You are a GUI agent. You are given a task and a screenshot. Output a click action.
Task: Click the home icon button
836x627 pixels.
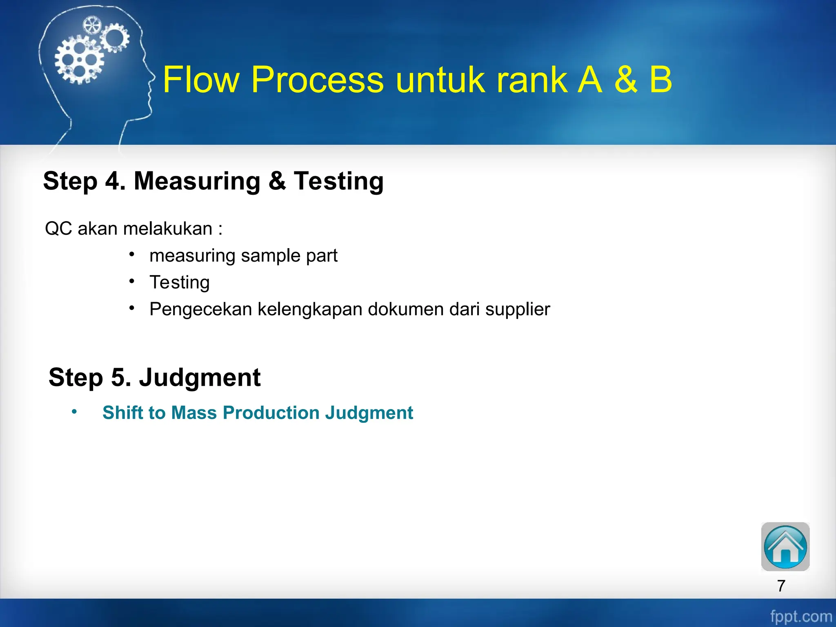(785, 547)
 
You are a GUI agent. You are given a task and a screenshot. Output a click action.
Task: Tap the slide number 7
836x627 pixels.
(781, 586)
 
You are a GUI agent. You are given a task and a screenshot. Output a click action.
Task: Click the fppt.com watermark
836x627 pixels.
(800, 616)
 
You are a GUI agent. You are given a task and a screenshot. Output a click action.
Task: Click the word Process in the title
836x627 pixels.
(317, 80)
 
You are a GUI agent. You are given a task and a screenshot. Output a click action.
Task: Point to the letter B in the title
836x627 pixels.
(660, 80)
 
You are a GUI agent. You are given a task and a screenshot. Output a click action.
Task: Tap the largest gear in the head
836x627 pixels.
(79, 60)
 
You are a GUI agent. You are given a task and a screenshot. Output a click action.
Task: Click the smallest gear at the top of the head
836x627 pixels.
(91, 26)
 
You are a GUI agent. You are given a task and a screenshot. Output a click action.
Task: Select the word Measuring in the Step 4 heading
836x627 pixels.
(197, 181)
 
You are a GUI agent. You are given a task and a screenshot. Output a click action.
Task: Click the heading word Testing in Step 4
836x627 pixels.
(338, 181)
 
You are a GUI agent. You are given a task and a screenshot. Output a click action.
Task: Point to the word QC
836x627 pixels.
(58, 229)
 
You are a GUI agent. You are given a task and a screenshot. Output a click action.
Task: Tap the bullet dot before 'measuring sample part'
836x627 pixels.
(132, 255)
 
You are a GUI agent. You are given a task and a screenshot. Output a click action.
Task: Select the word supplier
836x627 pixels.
(517, 309)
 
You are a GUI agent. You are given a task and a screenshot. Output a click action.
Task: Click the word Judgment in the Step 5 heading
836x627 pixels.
(200, 377)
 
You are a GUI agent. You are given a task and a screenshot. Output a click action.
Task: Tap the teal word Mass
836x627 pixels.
(194, 413)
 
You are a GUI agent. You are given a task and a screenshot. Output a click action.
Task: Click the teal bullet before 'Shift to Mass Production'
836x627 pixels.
(74, 411)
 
